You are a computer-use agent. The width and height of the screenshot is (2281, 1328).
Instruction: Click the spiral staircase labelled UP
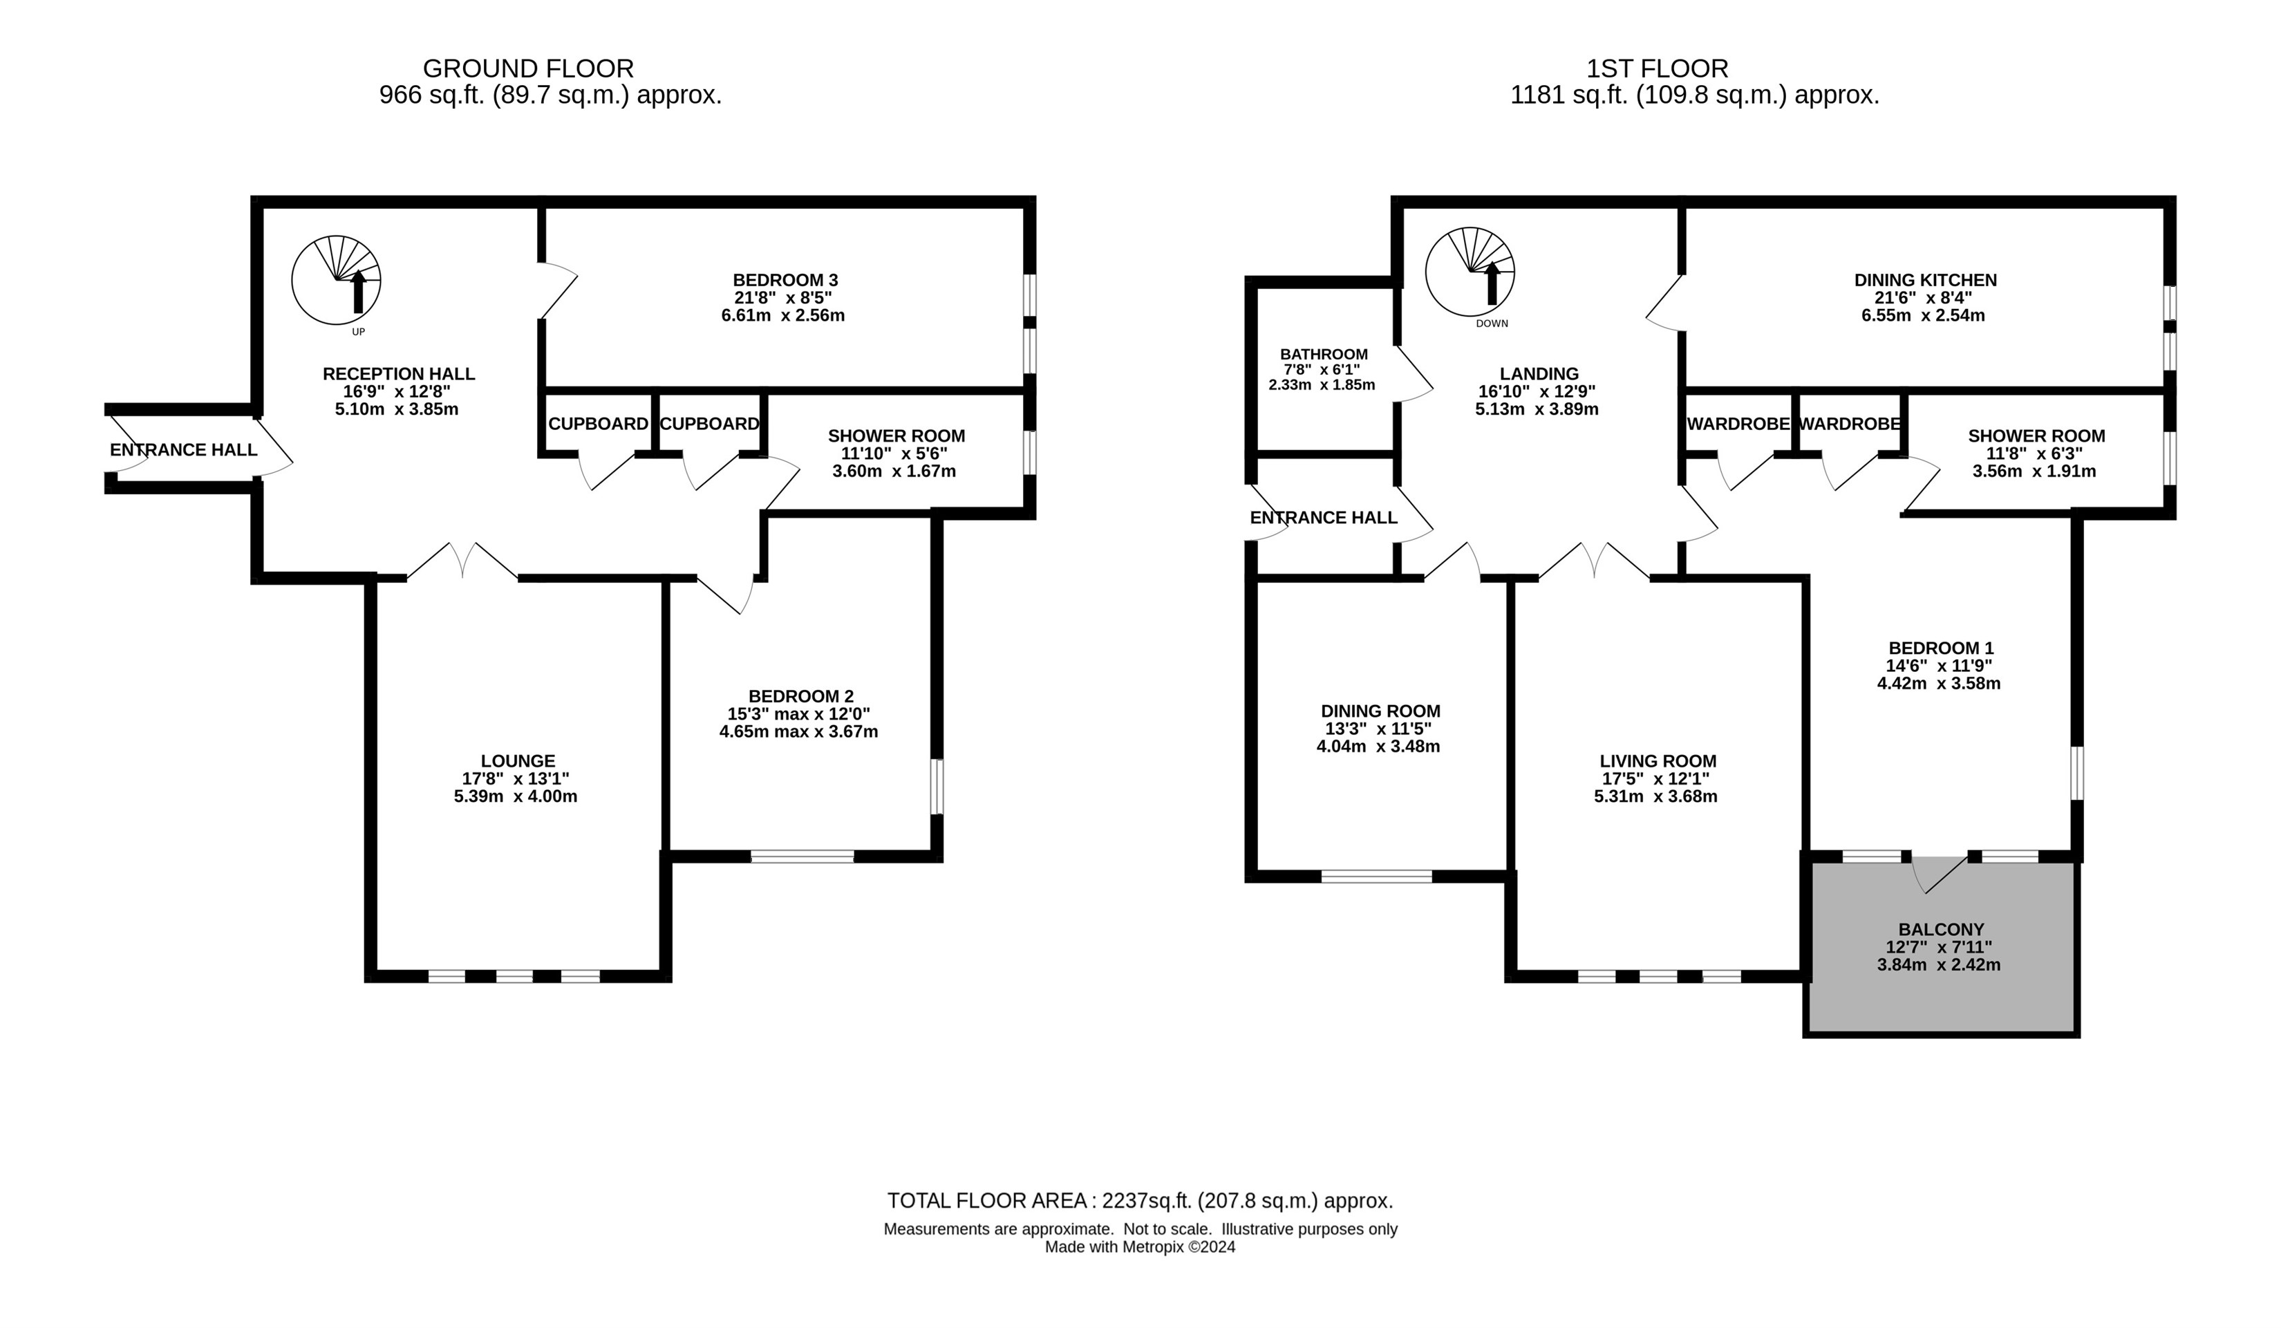[x=336, y=280]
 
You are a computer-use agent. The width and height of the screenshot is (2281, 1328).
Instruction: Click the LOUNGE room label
[x=518, y=761]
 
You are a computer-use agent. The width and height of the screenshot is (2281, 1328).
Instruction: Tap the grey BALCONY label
[x=1941, y=929]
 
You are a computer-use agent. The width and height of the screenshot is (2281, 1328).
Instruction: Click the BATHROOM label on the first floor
[x=1324, y=354]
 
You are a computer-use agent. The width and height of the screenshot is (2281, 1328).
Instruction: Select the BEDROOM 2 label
[x=800, y=696]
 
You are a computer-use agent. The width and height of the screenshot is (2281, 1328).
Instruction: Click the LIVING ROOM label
[x=1658, y=761]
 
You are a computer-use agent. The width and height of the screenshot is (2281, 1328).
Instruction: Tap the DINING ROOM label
[x=1380, y=711]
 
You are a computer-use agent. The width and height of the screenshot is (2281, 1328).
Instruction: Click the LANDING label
[x=1539, y=374]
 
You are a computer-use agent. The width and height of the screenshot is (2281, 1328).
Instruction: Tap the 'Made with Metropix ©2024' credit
[x=1140, y=1246]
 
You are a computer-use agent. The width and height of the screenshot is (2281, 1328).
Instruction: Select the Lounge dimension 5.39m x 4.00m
[x=515, y=796]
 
